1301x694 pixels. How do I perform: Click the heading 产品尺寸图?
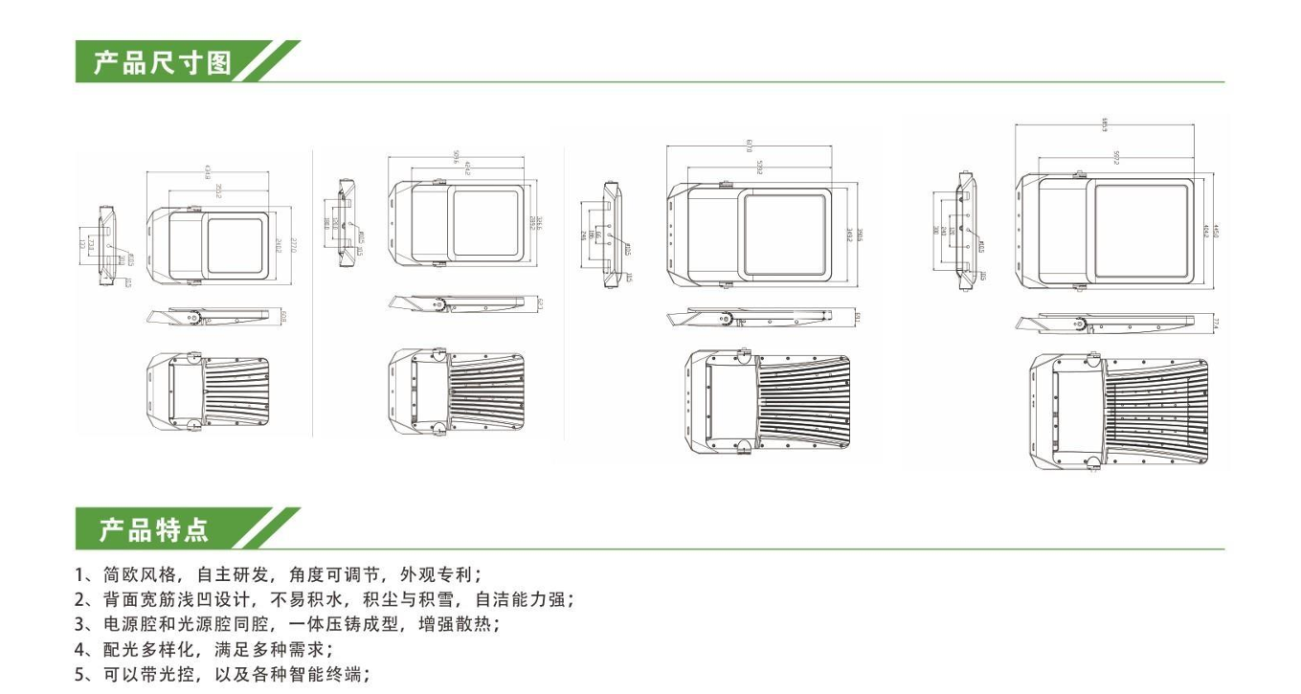pyautogui.click(x=163, y=63)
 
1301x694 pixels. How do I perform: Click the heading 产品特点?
pyautogui.click(x=154, y=529)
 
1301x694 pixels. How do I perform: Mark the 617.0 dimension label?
pyautogui.click(x=748, y=146)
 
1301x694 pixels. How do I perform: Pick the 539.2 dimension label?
pyautogui.click(x=757, y=166)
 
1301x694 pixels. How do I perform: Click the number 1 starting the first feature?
pyautogui.click(x=79, y=575)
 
